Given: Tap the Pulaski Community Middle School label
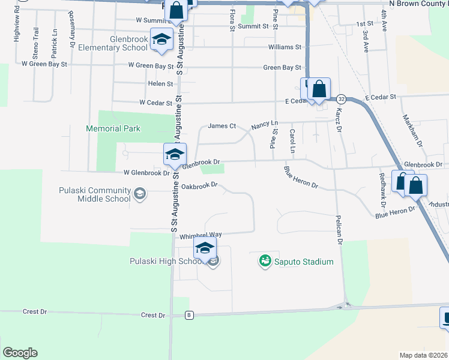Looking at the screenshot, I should click(94, 195).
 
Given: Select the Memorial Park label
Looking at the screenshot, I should click(113, 128).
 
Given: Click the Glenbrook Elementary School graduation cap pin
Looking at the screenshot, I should click(160, 40).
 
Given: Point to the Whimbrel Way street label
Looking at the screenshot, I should click(201, 237).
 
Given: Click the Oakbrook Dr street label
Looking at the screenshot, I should click(199, 186).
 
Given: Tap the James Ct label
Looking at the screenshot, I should click(219, 126).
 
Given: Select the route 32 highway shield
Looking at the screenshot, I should click(341, 98).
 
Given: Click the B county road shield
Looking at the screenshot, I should click(190, 315).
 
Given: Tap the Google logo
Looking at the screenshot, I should click(19, 353).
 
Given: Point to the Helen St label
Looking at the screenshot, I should click(160, 84).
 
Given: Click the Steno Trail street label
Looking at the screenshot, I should click(37, 39).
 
